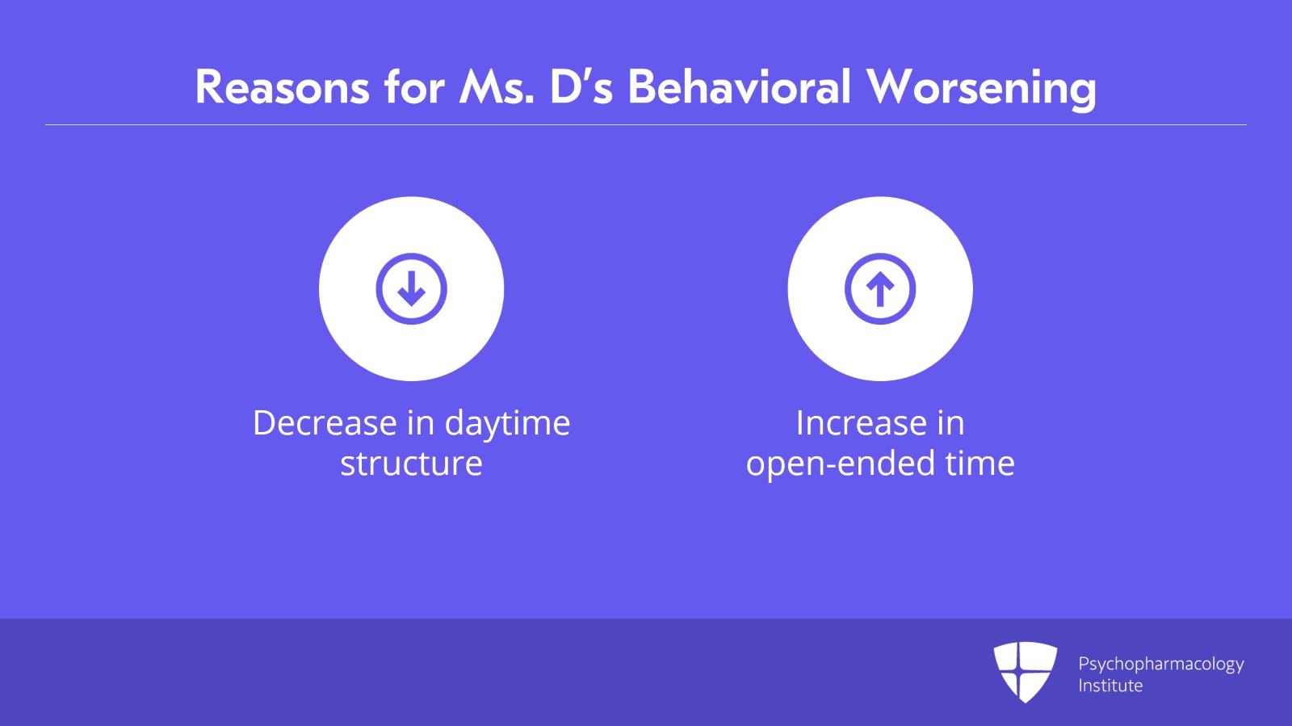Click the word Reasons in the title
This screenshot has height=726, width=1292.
[283, 88]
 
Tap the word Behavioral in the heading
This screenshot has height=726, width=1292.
[740, 88]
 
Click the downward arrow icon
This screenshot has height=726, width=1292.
[411, 288]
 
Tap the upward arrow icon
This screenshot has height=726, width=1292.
[880, 288]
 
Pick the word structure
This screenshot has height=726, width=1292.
[411, 464]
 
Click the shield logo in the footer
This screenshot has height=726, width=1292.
[1026, 672]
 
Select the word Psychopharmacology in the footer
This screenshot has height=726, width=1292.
[1161, 665]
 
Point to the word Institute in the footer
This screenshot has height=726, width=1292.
[1110, 686]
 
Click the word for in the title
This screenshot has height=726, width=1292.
[415, 88]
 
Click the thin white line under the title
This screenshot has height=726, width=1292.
[646, 124]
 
